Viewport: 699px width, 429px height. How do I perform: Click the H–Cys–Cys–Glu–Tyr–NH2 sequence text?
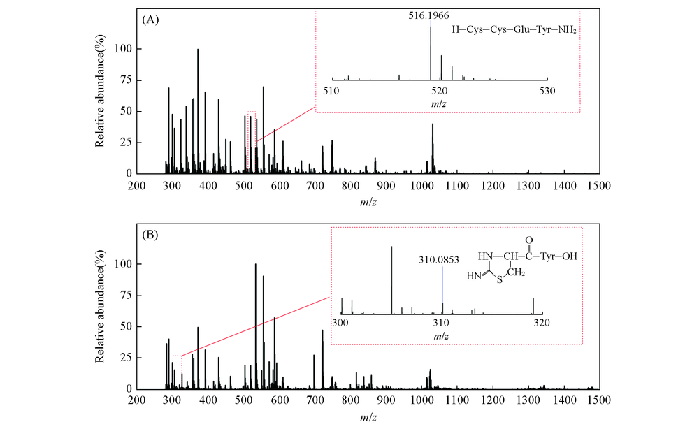[x=514, y=30]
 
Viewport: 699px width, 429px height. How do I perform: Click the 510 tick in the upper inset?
[x=331, y=91]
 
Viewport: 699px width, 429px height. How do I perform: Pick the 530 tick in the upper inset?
[x=547, y=91]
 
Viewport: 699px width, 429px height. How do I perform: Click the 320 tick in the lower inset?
[x=542, y=323]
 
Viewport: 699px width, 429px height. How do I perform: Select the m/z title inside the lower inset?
[x=441, y=336]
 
